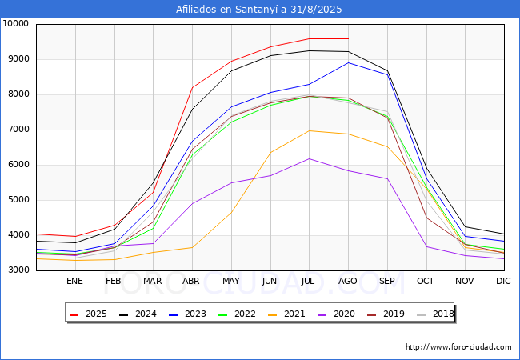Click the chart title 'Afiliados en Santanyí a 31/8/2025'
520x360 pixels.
pyautogui.click(x=258, y=10)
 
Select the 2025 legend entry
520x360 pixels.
pyautogui.click(x=88, y=314)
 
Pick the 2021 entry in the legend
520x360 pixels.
pyautogui.click(x=286, y=314)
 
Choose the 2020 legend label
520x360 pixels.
pyautogui.click(x=336, y=314)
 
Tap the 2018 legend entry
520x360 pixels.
pyautogui.click(x=435, y=314)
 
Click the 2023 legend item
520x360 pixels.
pyautogui.click(x=187, y=314)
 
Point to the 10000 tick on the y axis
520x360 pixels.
pyautogui.click(x=15, y=23)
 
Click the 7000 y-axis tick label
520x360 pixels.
pyautogui.click(x=18, y=130)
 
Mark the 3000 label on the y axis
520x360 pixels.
pyautogui.click(x=18, y=270)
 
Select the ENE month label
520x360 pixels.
pyautogui.click(x=74, y=281)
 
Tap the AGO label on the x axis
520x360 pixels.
pyautogui.click(x=347, y=281)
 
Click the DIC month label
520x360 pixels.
pyautogui.click(x=503, y=281)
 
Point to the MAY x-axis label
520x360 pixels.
pyautogui.click(x=231, y=281)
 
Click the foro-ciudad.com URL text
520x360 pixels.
pyautogui.click(x=458, y=347)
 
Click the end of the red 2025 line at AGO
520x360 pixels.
pyautogui.click(x=348, y=38)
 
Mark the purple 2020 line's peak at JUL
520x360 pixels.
pyautogui.click(x=309, y=158)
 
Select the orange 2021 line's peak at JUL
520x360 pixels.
pyautogui.click(x=309, y=130)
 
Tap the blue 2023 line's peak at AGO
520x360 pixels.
pyautogui.click(x=348, y=62)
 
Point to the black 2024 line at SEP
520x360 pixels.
pyautogui.click(x=387, y=70)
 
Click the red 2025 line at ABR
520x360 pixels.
pyautogui.click(x=192, y=87)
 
